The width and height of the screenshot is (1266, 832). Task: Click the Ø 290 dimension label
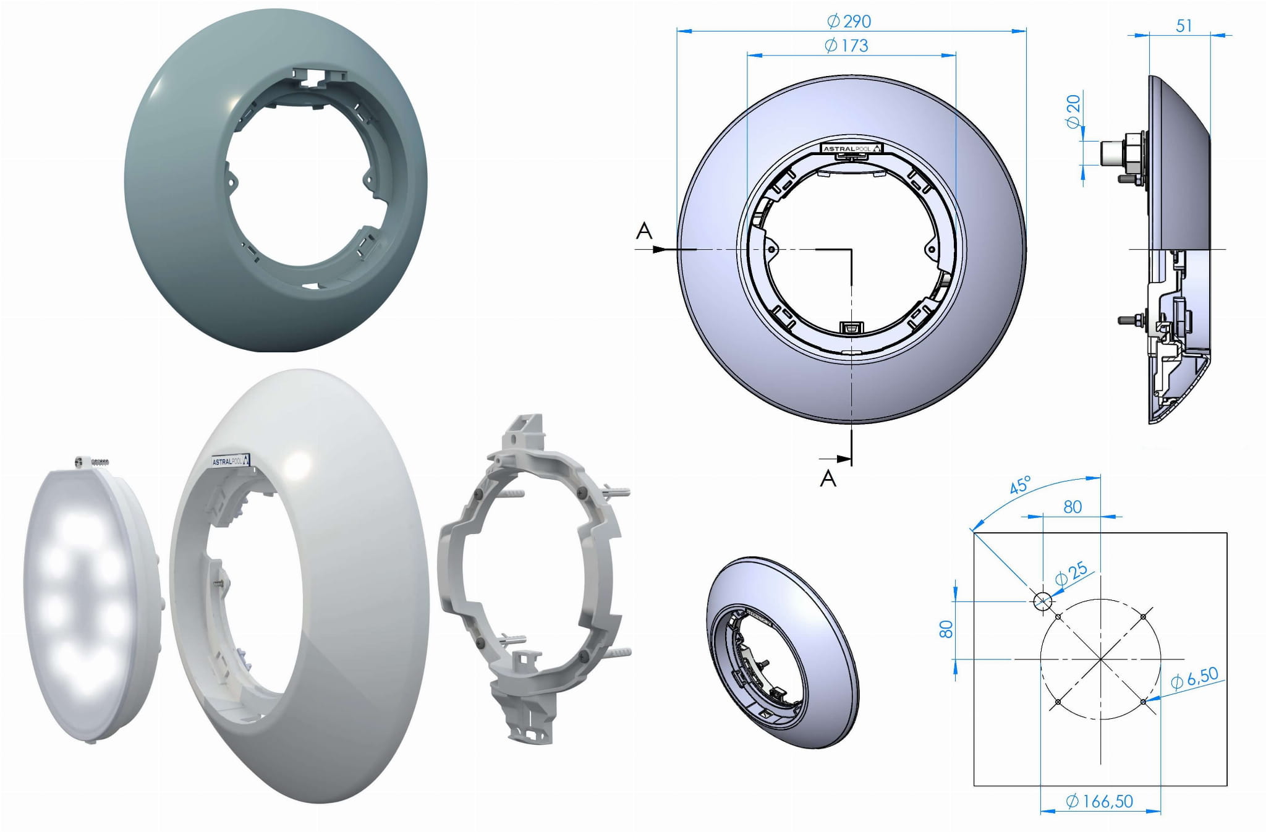point(849,22)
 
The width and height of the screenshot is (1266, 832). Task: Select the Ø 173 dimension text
point(846,46)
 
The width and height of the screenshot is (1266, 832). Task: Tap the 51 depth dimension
point(1183,26)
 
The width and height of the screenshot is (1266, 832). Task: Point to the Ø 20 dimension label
point(1074,111)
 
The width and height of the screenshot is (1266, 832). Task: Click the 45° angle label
point(1020,485)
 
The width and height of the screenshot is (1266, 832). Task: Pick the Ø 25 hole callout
point(1071,574)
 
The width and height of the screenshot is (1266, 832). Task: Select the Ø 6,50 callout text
point(1194,678)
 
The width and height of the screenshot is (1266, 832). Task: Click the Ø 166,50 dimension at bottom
point(1100,802)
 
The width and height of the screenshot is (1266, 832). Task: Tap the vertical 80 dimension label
point(946,629)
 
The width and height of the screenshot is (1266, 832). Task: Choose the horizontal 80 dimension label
point(1073,507)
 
